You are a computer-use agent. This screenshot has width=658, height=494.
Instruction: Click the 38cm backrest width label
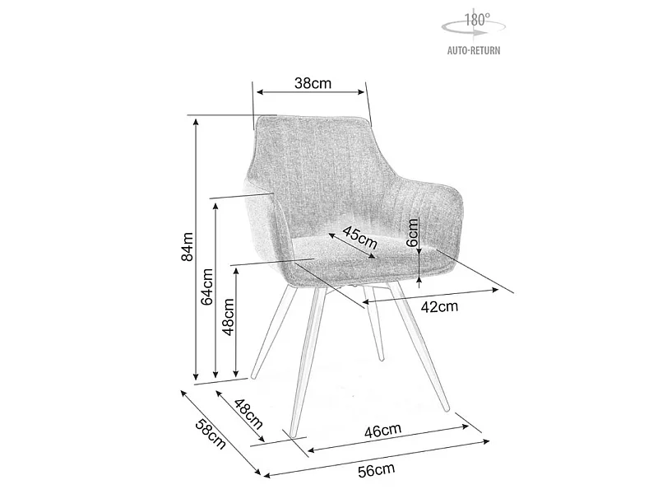(x=313, y=84)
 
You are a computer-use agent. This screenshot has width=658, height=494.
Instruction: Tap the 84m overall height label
(x=188, y=246)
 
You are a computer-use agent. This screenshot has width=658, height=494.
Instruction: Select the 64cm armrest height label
(x=207, y=287)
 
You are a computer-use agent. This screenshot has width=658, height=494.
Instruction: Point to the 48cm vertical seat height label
(x=228, y=317)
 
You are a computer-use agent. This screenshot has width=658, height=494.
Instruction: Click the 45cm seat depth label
(x=360, y=237)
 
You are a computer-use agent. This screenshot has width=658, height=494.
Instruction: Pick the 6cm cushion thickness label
(x=413, y=232)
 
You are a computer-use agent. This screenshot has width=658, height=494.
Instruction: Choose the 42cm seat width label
(x=439, y=306)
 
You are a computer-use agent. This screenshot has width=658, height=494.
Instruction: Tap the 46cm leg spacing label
(x=382, y=430)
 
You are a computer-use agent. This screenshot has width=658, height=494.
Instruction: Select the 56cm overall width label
(x=377, y=470)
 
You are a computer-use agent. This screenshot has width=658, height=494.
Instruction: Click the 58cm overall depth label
(x=211, y=434)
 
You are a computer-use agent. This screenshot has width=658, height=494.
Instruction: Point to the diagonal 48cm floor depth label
(x=248, y=414)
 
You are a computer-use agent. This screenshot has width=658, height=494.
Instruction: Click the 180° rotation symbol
(x=474, y=25)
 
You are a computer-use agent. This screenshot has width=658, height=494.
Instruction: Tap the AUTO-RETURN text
(x=474, y=51)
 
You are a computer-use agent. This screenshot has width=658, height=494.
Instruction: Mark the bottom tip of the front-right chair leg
(x=446, y=408)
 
